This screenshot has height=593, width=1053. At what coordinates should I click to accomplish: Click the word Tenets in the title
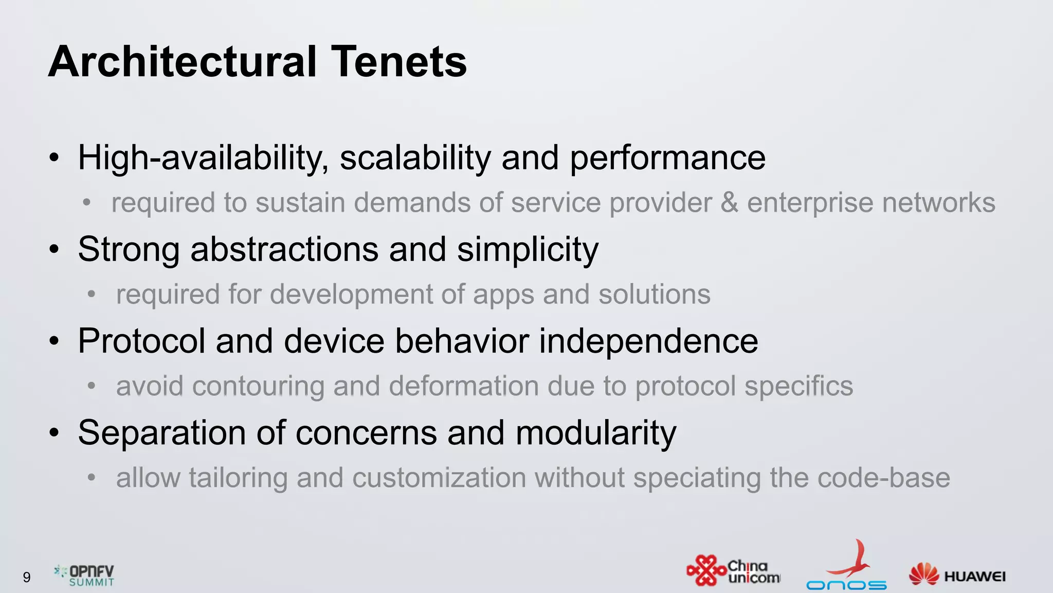[398, 62]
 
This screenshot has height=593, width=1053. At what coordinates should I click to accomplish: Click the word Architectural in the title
[183, 62]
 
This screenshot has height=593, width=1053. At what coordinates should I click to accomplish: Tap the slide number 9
[27, 577]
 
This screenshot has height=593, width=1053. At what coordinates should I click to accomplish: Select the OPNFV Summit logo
[85, 575]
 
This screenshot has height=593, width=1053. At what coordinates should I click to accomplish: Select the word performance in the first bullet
[667, 159]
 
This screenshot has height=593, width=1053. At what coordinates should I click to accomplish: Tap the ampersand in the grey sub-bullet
[729, 202]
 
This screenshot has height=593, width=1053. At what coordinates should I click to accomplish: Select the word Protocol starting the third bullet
[141, 341]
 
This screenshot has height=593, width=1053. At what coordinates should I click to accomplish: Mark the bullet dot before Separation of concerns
[55, 433]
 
